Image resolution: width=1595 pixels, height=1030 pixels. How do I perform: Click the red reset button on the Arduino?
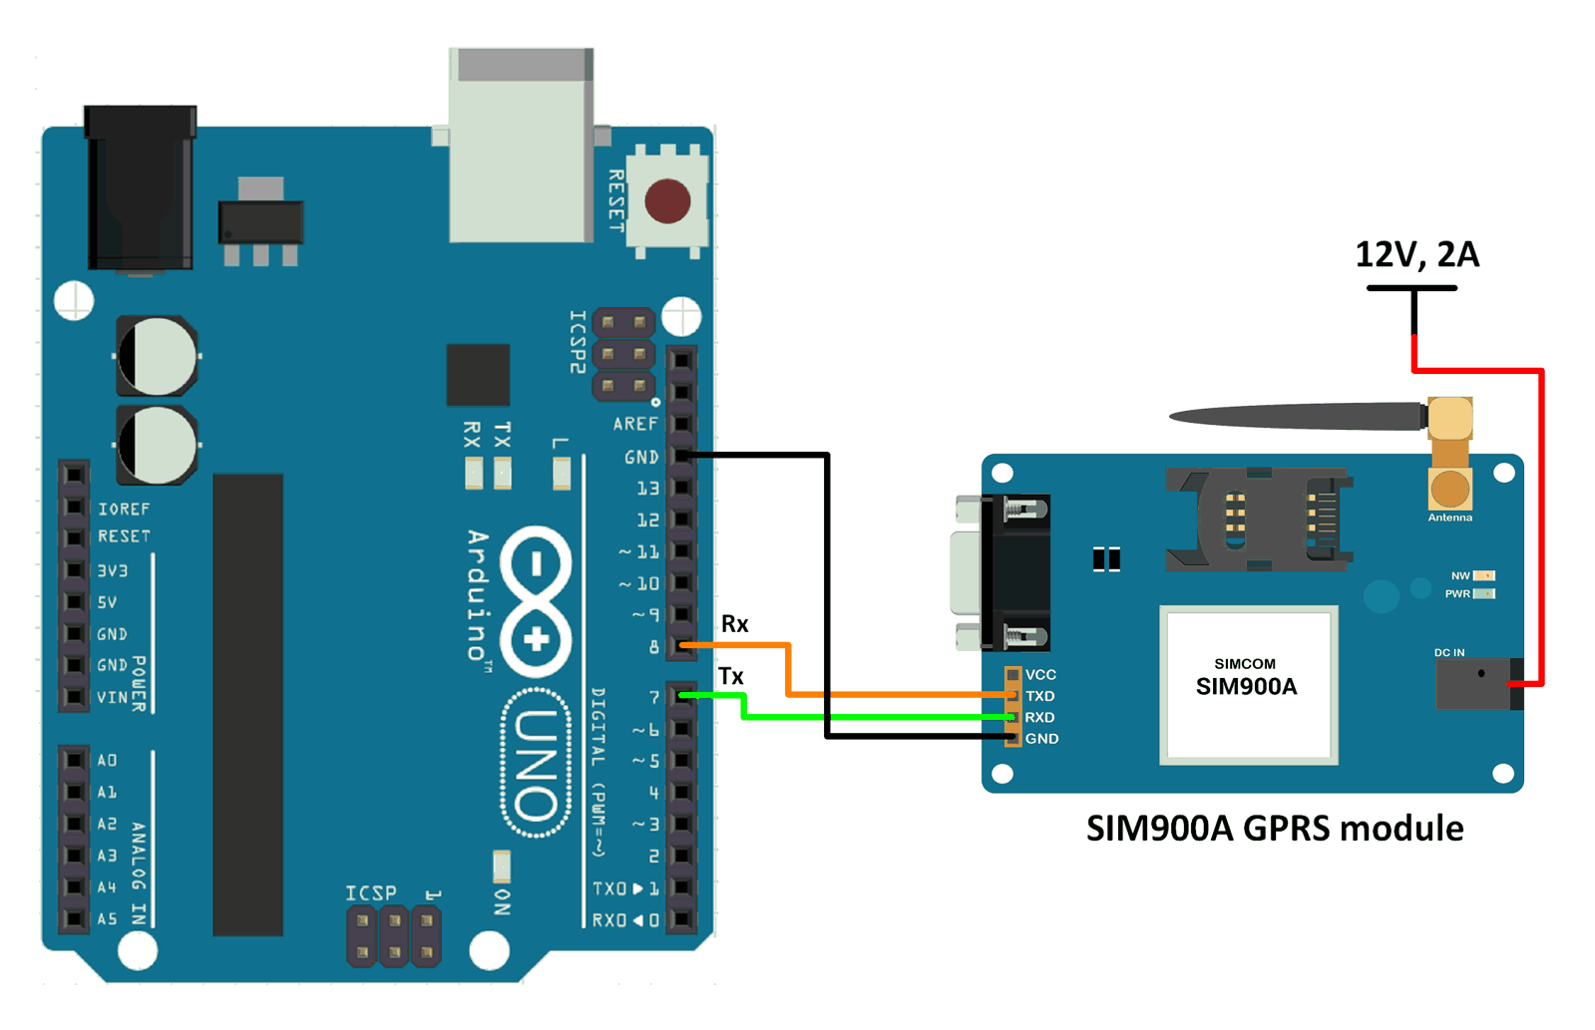click(667, 200)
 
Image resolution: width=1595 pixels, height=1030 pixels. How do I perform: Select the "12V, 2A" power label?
click(1416, 254)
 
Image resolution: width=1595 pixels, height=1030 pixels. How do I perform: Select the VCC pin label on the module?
click(1040, 675)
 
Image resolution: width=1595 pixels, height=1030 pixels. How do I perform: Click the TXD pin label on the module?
click(1040, 696)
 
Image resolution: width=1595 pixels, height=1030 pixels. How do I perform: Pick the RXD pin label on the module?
click(1039, 717)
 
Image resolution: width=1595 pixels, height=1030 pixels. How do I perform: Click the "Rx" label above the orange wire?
click(735, 624)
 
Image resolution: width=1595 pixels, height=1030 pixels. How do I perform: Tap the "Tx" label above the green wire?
click(731, 676)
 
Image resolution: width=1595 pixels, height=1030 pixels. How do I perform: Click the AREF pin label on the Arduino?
click(635, 424)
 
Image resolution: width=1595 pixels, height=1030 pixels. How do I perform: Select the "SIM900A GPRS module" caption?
click(1275, 829)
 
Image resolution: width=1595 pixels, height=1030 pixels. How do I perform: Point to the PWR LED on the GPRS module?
click(1484, 594)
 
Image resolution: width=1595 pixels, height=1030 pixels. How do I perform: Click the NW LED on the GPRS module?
click(1484, 575)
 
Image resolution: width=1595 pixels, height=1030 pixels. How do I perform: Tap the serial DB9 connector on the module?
click(1000, 572)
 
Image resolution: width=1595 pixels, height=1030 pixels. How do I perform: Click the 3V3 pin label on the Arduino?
click(113, 571)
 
